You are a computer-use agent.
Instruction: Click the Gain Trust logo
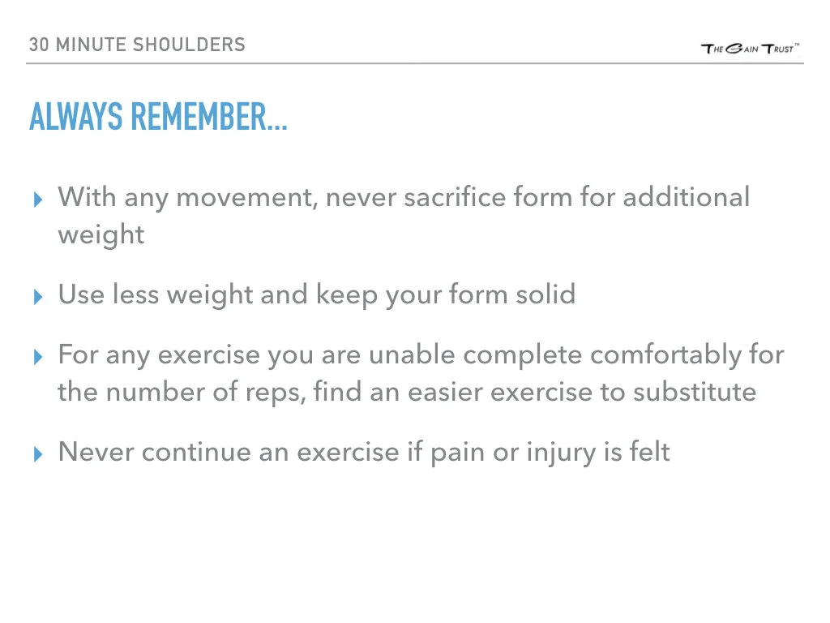point(750,48)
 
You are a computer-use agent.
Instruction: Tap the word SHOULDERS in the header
point(189,45)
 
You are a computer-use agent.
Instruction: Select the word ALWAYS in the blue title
point(76,118)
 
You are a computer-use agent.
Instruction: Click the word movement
point(246,197)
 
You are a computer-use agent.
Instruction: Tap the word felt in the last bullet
point(649,452)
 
